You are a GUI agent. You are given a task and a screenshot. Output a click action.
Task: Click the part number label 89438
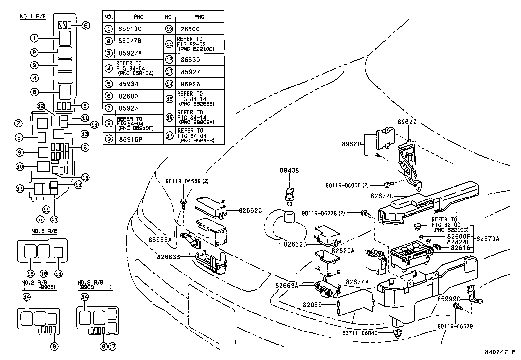point(289,170)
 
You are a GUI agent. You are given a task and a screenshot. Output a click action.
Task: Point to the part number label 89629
point(407,122)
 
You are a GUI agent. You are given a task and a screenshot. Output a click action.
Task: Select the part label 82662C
point(250,210)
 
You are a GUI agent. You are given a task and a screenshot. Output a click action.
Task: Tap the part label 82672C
point(382,196)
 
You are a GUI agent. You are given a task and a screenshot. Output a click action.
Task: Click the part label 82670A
point(488,239)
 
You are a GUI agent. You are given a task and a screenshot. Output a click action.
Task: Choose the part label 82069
point(312,305)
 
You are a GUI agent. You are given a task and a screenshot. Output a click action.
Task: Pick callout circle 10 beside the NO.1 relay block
point(20,167)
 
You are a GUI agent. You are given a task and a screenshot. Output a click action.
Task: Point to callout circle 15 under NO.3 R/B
point(30,273)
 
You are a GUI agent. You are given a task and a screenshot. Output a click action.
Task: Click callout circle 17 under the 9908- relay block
point(112,346)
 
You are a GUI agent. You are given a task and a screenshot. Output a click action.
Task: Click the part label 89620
point(351,144)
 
